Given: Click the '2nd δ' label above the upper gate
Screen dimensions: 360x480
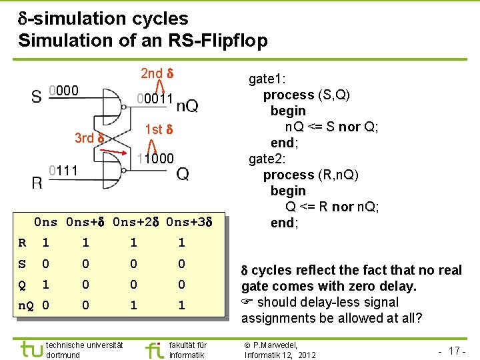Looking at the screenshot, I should (157, 73).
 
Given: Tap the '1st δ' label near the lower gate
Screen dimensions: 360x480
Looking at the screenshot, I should (159, 129).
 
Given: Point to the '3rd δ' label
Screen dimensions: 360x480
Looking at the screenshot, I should (89, 138).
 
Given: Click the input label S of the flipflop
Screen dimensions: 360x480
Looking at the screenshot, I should (36, 97).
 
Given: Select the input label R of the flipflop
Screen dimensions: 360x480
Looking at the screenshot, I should (37, 183).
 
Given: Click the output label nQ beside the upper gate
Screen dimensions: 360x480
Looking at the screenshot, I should (187, 106).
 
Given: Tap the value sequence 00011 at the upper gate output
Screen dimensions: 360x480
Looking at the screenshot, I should (155, 99).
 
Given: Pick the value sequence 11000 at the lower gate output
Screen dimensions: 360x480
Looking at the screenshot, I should (155, 159).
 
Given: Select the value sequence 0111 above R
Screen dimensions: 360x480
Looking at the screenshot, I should (64, 171).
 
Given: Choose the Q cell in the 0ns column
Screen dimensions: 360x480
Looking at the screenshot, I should (45, 285).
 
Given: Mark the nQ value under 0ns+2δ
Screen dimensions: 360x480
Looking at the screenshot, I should (134, 306).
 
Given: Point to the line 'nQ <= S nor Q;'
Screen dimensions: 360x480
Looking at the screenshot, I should (331, 127).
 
